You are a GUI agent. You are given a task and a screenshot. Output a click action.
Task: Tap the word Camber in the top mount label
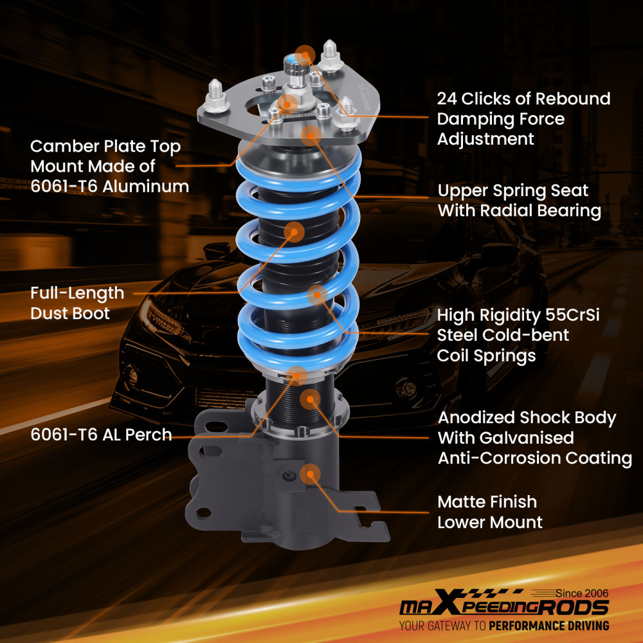click(61, 147)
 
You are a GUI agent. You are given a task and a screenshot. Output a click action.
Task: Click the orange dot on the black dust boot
click(294, 232)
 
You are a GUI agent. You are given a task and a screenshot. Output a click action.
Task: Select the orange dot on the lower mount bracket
click(310, 475)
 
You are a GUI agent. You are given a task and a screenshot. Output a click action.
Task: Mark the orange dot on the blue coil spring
click(317, 295)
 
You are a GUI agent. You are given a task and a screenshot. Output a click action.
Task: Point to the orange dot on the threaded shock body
click(310, 399)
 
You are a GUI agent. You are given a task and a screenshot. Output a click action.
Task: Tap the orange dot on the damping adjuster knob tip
click(305, 54)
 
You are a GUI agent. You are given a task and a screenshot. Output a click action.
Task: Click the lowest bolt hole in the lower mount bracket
click(204, 512)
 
